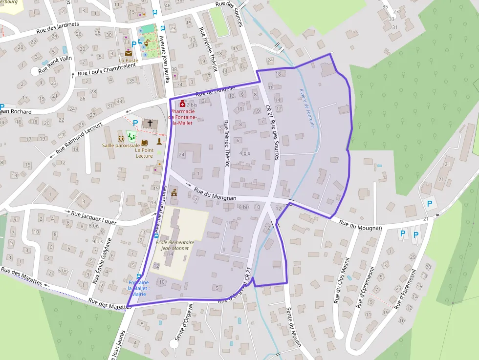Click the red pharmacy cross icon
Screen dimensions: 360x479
[182, 104]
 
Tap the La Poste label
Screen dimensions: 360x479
[129, 61]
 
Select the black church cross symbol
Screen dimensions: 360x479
[151, 123]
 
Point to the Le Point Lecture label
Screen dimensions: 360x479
[144, 153]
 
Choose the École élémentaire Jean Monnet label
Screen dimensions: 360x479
[175, 245]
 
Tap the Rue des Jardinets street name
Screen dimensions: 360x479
[58, 29]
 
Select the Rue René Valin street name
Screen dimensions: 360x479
[55, 65]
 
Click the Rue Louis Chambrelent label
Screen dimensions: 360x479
[107, 69]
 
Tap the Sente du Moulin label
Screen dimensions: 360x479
[294, 327]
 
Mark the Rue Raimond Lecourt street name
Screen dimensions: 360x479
[79, 138]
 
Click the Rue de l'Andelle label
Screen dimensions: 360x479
[216, 90]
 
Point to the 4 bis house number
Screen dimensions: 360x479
[244, 153]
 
